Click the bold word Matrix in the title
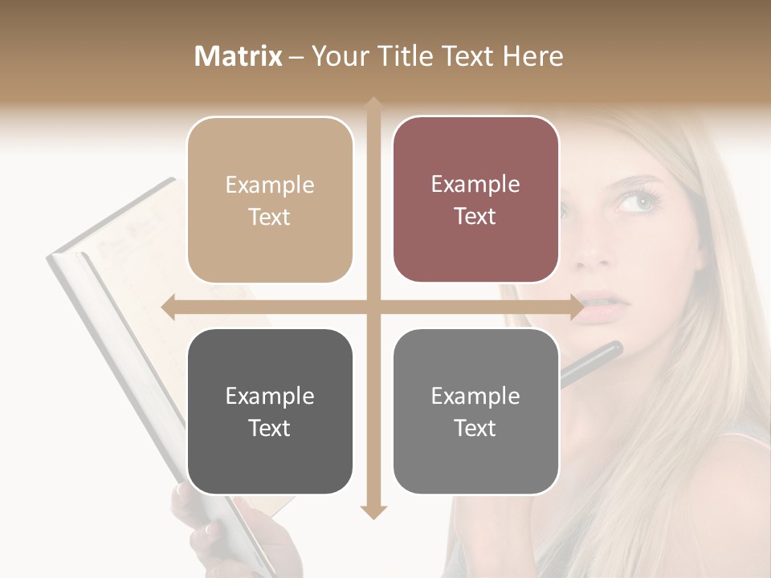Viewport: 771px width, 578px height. point(239,56)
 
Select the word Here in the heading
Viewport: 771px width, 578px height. point(533,56)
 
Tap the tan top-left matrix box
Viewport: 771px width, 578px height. point(270,201)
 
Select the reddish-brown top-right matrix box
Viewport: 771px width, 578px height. point(475,201)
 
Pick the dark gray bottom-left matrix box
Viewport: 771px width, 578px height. point(270,412)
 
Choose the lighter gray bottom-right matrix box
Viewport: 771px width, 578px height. point(475,412)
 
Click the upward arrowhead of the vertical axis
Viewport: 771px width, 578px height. point(373,105)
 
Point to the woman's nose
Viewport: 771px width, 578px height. point(594,249)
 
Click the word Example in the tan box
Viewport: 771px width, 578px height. point(270,185)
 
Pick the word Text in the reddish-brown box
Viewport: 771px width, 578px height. point(475,217)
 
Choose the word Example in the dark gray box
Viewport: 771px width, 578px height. point(270,396)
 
